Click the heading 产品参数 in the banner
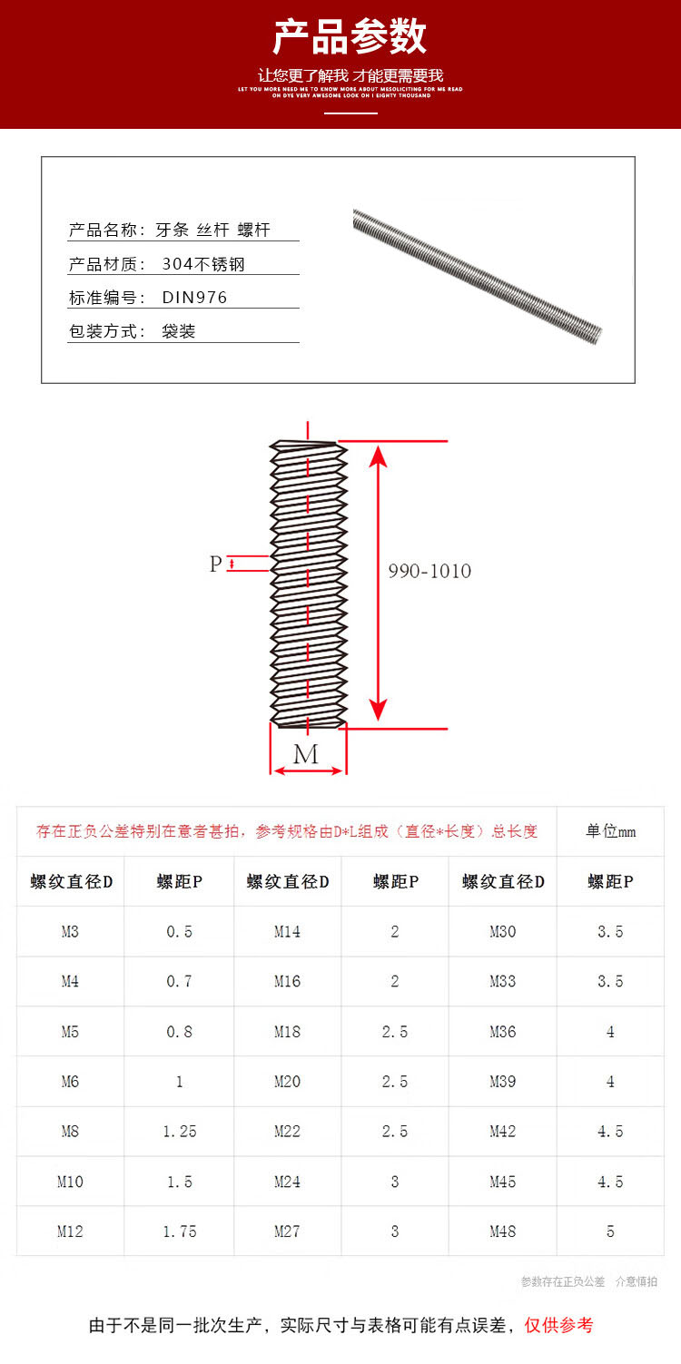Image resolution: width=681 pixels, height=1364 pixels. [x=350, y=37]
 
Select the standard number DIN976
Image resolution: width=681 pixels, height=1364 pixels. [x=194, y=298]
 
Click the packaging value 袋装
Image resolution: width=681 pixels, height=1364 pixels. [x=179, y=331]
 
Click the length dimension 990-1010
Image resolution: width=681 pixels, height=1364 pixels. [x=429, y=572]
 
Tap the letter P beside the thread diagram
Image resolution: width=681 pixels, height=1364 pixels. [x=216, y=564]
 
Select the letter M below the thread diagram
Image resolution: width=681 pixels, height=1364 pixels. [x=307, y=754]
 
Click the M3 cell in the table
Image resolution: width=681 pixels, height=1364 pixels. [x=70, y=931]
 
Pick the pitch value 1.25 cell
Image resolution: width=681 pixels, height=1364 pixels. [x=179, y=1132]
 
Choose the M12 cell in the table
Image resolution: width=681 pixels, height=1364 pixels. [x=70, y=1232]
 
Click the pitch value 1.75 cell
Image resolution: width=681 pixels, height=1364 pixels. [x=179, y=1232]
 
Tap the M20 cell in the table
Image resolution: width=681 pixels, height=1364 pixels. [x=287, y=1082]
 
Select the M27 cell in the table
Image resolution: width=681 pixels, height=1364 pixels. [x=287, y=1232]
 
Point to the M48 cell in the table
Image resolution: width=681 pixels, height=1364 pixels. [x=502, y=1232]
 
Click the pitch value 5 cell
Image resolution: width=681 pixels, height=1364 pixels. [x=610, y=1232]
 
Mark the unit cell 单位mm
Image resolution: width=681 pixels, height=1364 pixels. [x=610, y=831]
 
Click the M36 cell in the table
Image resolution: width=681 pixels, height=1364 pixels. [x=502, y=1032]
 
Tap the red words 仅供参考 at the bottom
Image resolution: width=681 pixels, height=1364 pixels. [x=558, y=1325]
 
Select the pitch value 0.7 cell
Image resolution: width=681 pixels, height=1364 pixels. [x=179, y=981]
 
